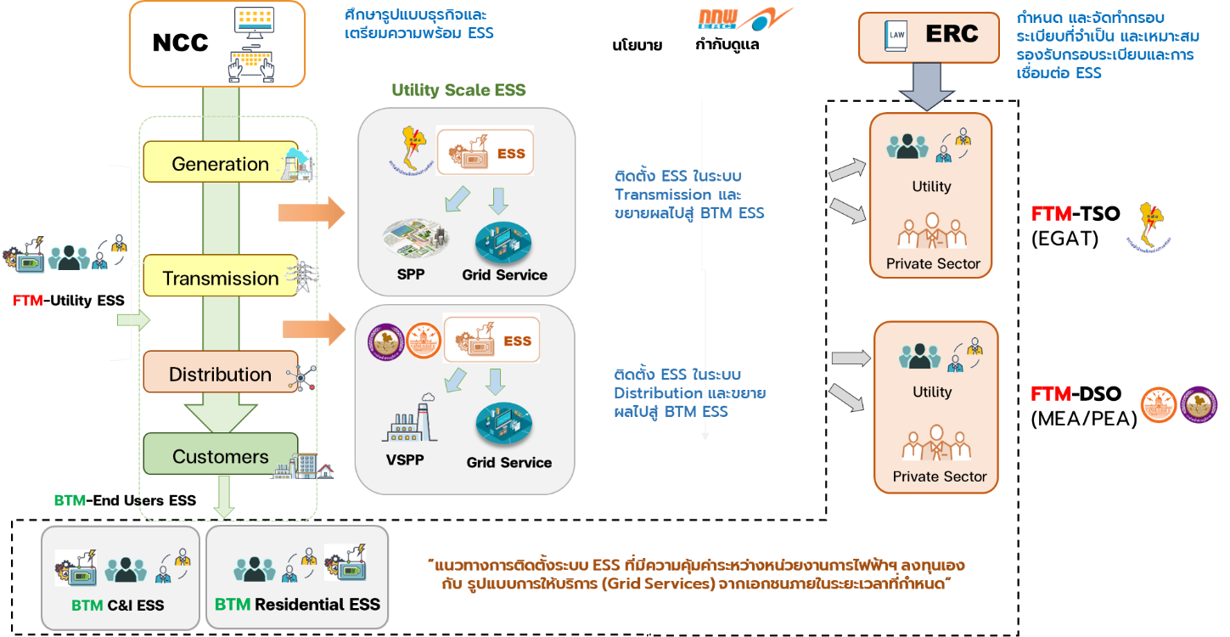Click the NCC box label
point(180,43)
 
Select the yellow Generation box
point(220,163)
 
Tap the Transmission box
point(220,278)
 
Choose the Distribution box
point(220,374)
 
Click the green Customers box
point(220,456)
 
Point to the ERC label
point(952,35)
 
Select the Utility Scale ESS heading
point(464,90)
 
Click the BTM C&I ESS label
point(117,606)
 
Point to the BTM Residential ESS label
point(297,605)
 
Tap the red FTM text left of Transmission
point(27,301)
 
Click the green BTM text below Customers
point(70,501)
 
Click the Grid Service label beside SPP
point(504,275)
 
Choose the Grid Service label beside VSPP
point(508,463)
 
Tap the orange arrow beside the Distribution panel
point(314,329)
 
